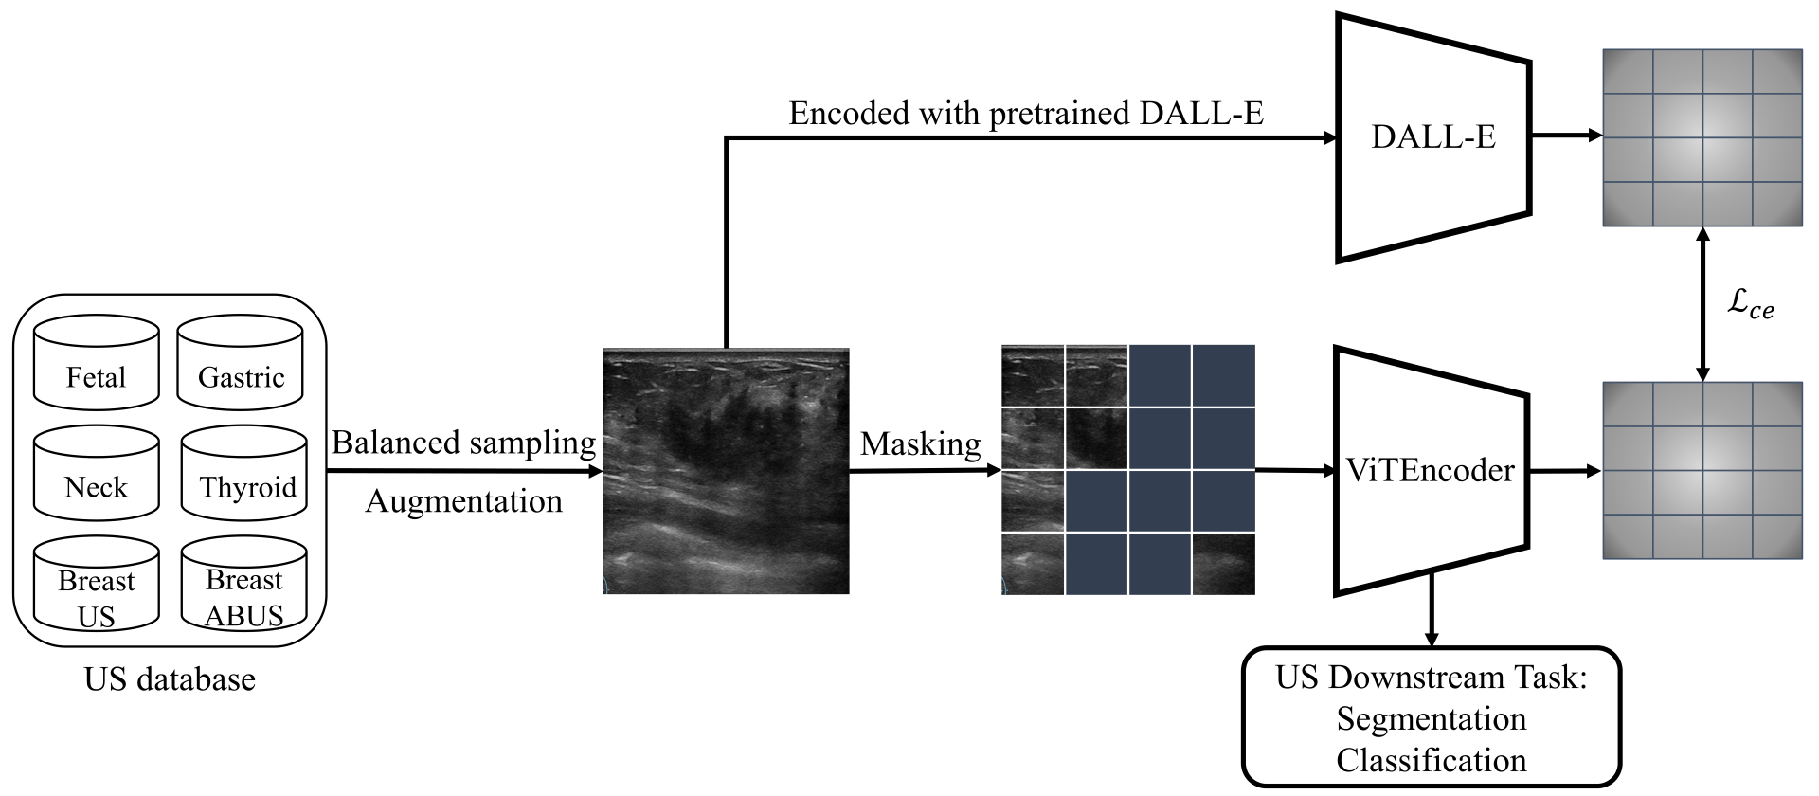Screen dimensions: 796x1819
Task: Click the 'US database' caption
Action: click(170, 679)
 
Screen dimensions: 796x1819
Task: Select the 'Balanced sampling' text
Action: click(463, 443)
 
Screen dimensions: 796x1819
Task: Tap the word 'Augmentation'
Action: click(463, 500)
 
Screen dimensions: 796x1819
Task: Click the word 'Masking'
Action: click(920, 443)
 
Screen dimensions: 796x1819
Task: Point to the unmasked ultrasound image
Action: click(726, 472)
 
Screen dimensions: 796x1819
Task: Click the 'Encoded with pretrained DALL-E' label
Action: click(1026, 114)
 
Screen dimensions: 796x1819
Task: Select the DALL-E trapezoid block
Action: click(1432, 137)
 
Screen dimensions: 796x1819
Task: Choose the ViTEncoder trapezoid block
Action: click(1431, 471)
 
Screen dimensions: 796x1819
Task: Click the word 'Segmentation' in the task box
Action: click(1432, 719)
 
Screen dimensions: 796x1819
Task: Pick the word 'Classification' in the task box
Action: click(1432, 760)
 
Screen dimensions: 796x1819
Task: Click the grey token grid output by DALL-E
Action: click(1702, 138)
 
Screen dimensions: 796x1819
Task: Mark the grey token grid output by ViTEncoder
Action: click(1702, 471)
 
